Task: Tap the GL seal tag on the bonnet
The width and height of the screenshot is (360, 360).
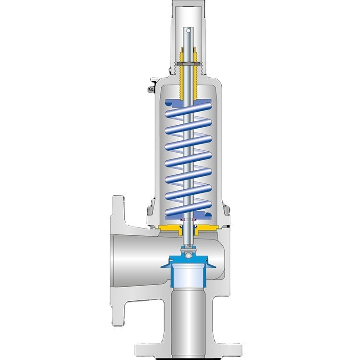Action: click(x=151, y=89)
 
